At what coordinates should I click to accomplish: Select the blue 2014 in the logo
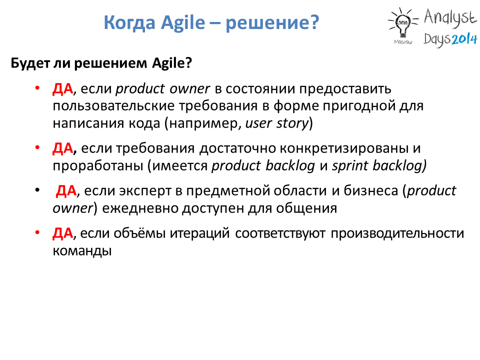click(x=464, y=39)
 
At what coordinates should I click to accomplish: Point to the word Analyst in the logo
click(x=450, y=18)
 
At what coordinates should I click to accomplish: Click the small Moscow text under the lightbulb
click(x=403, y=42)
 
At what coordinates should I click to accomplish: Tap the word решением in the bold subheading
click(x=110, y=63)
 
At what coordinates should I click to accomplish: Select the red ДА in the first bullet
click(x=63, y=89)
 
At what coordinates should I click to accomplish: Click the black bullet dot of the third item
click(x=37, y=190)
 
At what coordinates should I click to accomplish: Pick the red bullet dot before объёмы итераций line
click(x=37, y=232)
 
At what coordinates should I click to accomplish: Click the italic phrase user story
click(x=276, y=123)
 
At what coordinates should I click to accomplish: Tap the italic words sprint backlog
click(x=379, y=165)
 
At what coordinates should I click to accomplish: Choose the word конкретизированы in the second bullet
click(x=344, y=148)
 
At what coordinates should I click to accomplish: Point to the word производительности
click(x=397, y=233)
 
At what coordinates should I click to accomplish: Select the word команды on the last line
click(x=82, y=251)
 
